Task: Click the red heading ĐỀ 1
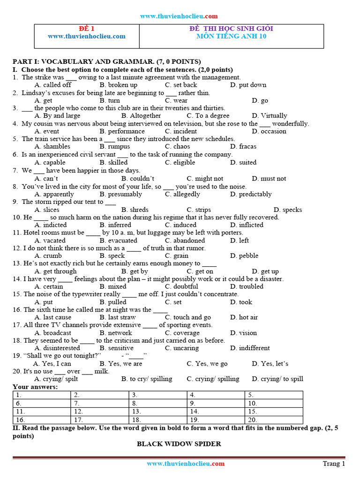(x=86, y=29)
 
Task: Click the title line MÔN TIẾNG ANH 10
(x=231, y=36)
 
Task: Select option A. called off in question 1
(x=53, y=85)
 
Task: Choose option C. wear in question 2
(x=176, y=100)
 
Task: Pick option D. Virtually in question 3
(x=269, y=116)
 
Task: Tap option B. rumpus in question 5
(x=115, y=147)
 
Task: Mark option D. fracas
(x=243, y=147)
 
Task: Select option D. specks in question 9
(x=288, y=210)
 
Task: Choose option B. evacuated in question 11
(x=118, y=240)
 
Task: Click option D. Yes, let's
(x=270, y=364)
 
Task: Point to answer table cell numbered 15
(x=273, y=412)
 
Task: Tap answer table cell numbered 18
(x=158, y=420)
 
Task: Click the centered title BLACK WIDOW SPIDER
(x=179, y=444)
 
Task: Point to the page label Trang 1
(x=334, y=464)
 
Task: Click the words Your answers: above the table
(x=35, y=387)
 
